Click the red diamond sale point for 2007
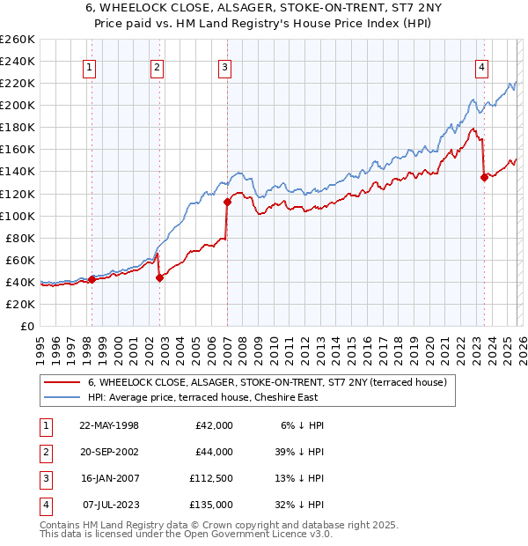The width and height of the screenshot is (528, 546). click(226, 202)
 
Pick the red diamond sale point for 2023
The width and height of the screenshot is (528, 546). click(484, 177)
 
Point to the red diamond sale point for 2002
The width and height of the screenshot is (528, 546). click(159, 277)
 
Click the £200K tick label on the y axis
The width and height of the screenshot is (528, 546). click(18, 105)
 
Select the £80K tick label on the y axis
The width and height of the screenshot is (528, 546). click(20, 238)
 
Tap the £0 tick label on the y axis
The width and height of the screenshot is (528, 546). click(26, 326)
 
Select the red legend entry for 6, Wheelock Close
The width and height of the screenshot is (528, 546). click(268, 382)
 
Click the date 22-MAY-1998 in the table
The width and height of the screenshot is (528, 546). click(109, 425)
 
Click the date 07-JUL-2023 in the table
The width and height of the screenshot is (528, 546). click(109, 505)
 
